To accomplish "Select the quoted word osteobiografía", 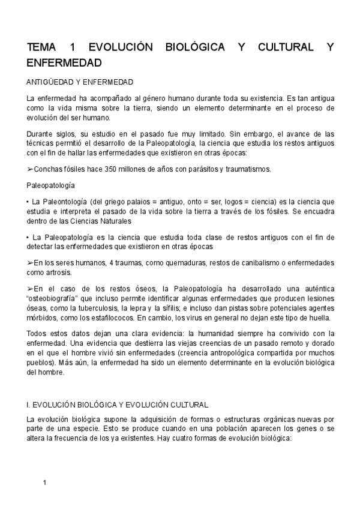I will pos(56,298).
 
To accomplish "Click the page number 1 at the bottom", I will pos(45,483).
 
